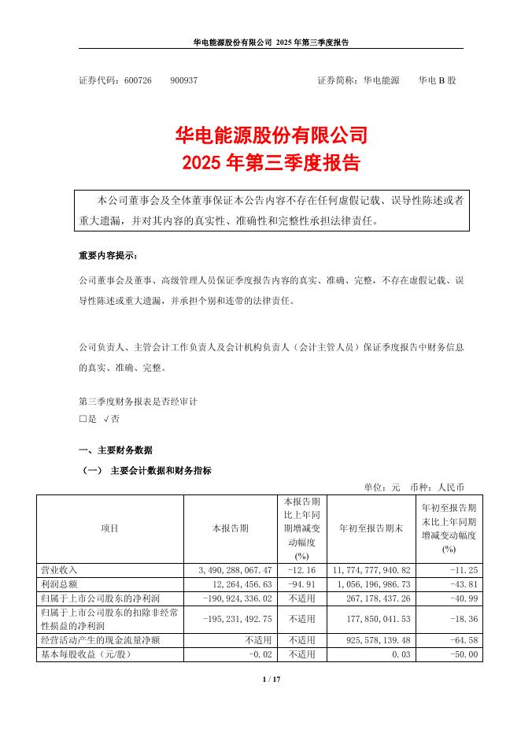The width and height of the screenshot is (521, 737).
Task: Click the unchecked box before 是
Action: click(x=83, y=420)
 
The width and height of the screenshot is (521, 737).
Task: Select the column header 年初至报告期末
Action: click(x=369, y=528)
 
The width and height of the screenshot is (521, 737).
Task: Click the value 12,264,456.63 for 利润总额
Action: click(x=237, y=583)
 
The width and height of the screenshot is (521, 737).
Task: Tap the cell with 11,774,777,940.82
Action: click(x=370, y=568)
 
